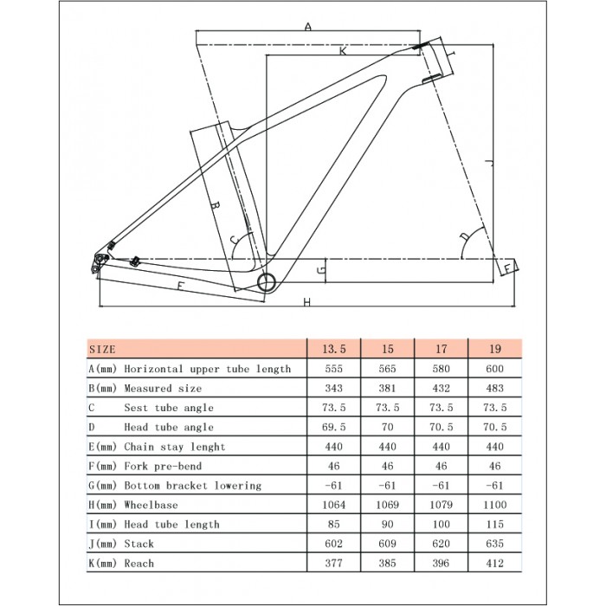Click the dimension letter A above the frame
pyautogui.click(x=307, y=27)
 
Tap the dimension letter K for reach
pyautogui.click(x=343, y=51)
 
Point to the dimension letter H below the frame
pyautogui.click(x=306, y=301)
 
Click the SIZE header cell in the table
pyautogui.click(x=102, y=349)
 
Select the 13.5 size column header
pyautogui.click(x=334, y=349)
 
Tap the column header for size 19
pyautogui.click(x=495, y=349)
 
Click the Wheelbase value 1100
pyautogui.click(x=495, y=505)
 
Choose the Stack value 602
pyautogui.click(x=334, y=544)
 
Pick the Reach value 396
pyautogui.click(x=442, y=564)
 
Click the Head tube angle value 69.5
pyautogui.click(x=334, y=427)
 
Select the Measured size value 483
pyautogui.click(x=495, y=388)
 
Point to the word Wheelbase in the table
pyautogui.click(x=152, y=505)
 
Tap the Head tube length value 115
pyautogui.click(x=495, y=525)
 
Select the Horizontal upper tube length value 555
pyautogui.click(x=334, y=369)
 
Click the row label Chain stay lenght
pyautogui.click(x=174, y=447)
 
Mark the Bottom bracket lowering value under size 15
pyautogui.click(x=388, y=486)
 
